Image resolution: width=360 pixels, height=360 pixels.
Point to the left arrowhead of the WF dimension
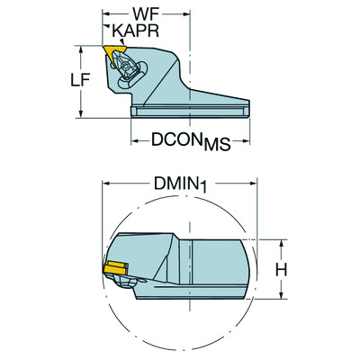click(104, 16)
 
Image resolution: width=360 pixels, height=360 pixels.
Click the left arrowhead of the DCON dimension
click(134, 139)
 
